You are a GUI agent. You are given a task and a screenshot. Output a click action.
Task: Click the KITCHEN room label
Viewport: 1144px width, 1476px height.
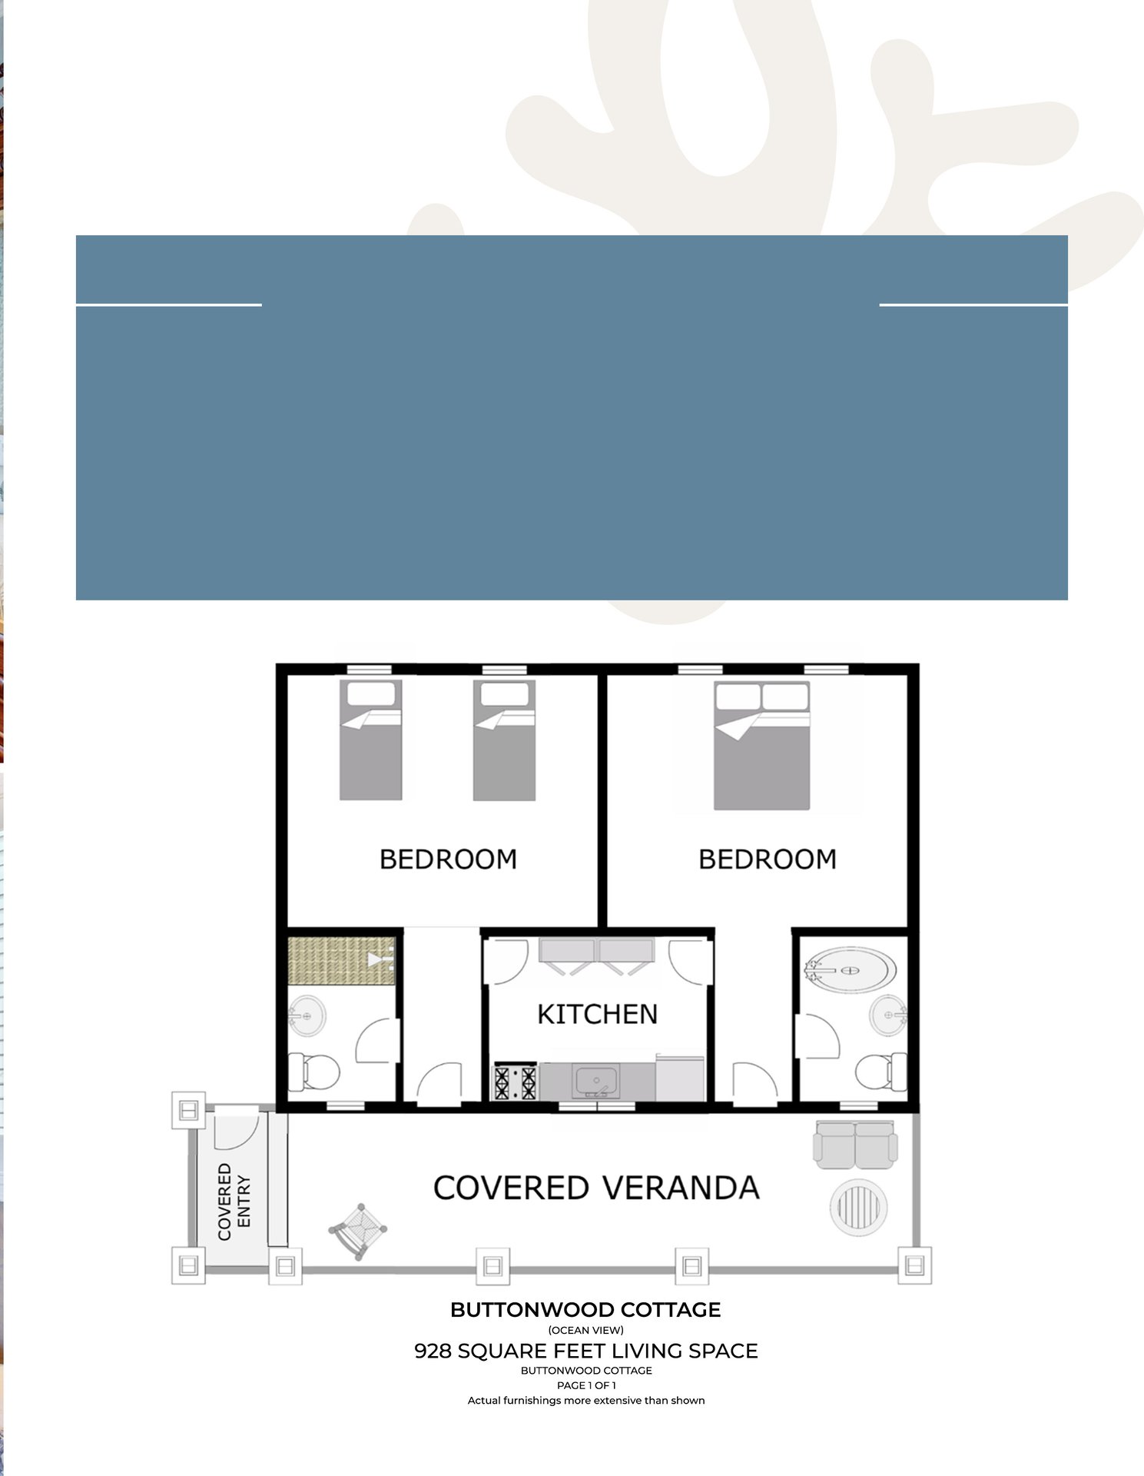pyautogui.click(x=597, y=1014)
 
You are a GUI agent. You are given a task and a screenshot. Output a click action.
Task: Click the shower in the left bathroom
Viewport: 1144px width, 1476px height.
pyautogui.click(x=341, y=960)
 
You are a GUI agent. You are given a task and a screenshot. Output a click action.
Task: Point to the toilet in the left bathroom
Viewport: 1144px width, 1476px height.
pyautogui.click(x=313, y=1070)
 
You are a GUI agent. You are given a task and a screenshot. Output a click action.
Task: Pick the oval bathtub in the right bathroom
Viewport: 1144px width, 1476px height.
pyautogui.click(x=850, y=971)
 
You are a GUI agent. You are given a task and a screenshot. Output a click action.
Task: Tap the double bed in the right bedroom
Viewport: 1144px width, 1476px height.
pyautogui.click(x=761, y=745)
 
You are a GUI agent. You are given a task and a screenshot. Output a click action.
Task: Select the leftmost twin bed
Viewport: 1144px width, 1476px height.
pyautogui.click(x=371, y=740)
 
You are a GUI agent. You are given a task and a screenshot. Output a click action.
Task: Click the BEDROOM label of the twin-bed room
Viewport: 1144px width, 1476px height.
pyautogui.click(x=448, y=859)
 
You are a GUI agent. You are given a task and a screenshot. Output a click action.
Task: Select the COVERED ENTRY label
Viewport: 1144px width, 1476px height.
pyautogui.click(x=234, y=1201)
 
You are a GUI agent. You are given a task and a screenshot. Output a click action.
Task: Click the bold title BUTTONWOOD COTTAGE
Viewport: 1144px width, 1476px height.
pyautogui.click(x=585, y=1310)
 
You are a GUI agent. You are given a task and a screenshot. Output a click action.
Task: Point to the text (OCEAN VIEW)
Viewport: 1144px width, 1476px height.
pyautogui.click(x=585, y=1330)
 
